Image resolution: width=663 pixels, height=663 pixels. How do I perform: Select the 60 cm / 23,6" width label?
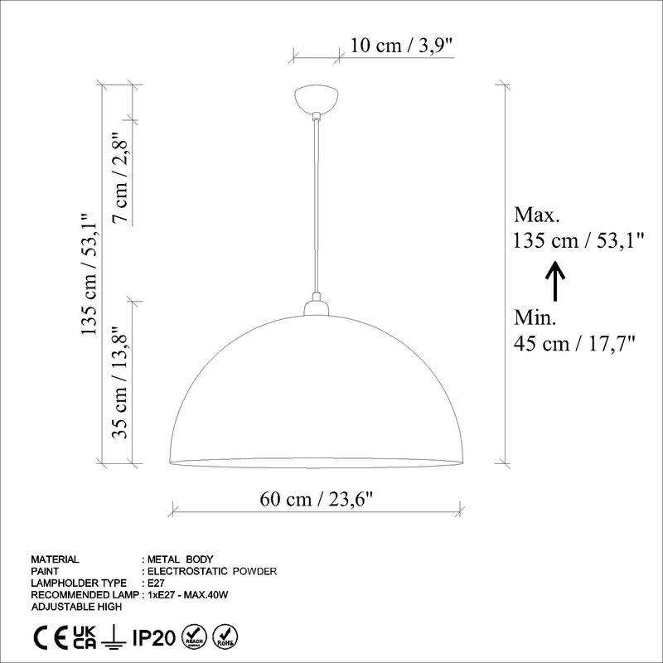pos(317,499)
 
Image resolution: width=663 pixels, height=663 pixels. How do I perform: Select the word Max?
pos(537,216)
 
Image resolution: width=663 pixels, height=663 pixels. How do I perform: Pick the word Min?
pos(535,318)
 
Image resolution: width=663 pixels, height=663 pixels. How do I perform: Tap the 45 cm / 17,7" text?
pos(574,343)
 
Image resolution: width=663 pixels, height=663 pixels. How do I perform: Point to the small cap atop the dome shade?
pos(316,308)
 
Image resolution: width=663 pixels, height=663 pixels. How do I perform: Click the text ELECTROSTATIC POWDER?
pos(211,571)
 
